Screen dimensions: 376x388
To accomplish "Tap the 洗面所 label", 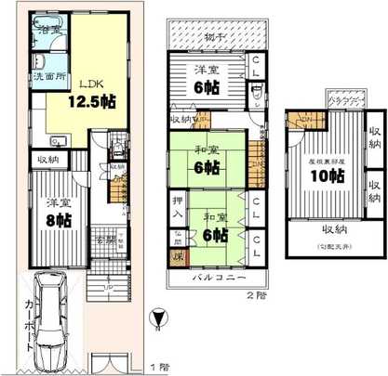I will pos(47,75).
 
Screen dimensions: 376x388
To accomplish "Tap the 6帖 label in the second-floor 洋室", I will pos(208,84).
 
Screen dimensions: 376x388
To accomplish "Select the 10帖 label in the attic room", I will pos(323,175).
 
